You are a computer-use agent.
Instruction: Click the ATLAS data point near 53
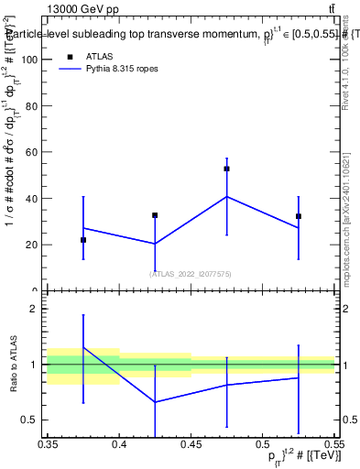point(227,169)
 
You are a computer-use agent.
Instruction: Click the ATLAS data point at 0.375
point(83,240)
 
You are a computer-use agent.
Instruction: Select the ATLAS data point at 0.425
point(155,215)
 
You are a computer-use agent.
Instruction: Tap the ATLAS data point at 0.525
point(299,216)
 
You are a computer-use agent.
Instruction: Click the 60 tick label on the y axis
point(35,152)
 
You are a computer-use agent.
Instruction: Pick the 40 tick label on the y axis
point(35,199)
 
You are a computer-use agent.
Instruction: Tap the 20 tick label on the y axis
point(35,245)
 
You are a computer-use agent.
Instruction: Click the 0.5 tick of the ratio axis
point(34,420)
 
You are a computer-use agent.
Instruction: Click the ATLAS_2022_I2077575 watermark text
point(191,273)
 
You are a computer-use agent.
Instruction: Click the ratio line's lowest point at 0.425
point(155,402)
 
